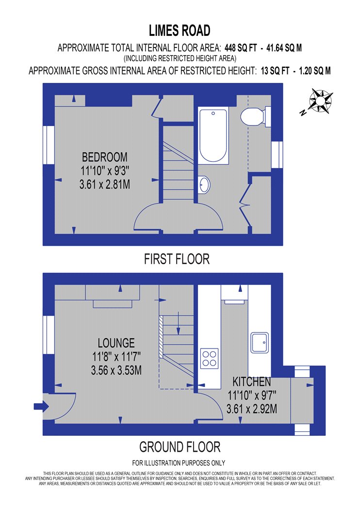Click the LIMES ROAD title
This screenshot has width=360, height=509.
point(180,31)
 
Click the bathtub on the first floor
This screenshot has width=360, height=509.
point(213,136)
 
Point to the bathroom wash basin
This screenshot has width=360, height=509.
point(204,184)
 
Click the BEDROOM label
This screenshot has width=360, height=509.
point(105,157)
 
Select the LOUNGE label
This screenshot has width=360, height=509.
point(116,343)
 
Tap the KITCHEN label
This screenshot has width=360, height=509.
point(251,381)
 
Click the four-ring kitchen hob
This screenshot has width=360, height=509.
point(209,358)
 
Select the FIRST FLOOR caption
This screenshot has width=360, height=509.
point(177,259)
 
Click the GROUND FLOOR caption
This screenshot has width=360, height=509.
point(180,446)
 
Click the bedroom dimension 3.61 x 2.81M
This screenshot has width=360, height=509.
point(106,185)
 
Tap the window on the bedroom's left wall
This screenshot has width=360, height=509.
point(49,145)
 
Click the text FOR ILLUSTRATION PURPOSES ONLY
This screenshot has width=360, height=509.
point(179,463)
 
